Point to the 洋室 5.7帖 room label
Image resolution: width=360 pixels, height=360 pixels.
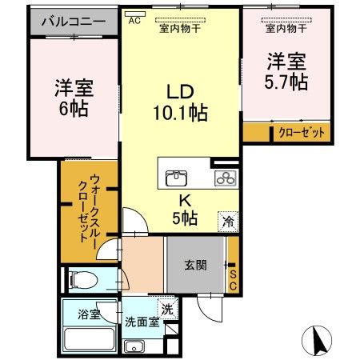285,70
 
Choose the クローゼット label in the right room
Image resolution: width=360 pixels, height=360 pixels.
302,134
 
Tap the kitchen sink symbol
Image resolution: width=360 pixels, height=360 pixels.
176,178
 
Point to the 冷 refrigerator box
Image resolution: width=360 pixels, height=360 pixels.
228,222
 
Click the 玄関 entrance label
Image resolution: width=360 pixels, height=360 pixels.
195,265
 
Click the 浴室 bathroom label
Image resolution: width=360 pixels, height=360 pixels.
89,315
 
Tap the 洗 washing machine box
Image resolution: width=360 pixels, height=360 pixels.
166,310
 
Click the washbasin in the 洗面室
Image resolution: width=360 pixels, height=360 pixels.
134,346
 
